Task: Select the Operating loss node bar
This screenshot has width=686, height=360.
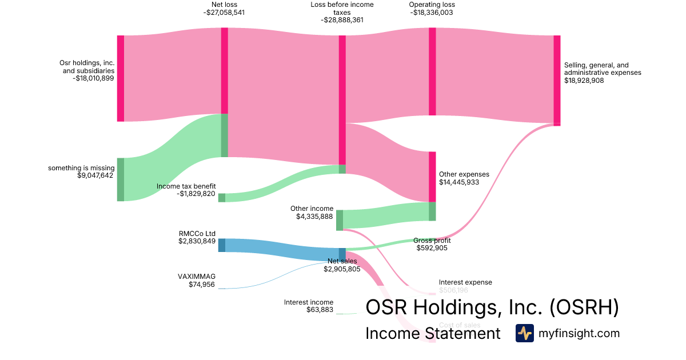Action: tap(432, 71)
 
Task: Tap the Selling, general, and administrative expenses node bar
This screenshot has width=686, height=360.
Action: tap(557, 80)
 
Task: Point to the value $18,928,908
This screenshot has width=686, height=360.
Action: tap(584, 81)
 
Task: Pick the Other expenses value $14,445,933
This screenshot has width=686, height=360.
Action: tap(459, 182)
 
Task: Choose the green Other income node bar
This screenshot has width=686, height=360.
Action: tap(340, 220)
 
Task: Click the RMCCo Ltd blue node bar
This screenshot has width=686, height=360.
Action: tap(222, 245)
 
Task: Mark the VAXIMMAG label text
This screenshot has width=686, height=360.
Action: tap(197, 276)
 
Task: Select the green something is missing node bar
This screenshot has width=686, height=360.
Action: tap(121, 179)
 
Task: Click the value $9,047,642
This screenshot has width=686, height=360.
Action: tap(95, 175)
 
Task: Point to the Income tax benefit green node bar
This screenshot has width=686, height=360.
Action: tap(222, 198)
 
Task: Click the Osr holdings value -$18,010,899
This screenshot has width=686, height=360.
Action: tap(94, 79)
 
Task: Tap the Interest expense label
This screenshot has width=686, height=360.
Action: tap(465, 282)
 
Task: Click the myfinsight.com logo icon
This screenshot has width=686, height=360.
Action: tap(524, 333)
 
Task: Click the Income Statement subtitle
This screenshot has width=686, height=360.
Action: tap(433, 333)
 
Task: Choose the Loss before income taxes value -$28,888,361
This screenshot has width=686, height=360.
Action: tap(342, 19)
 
